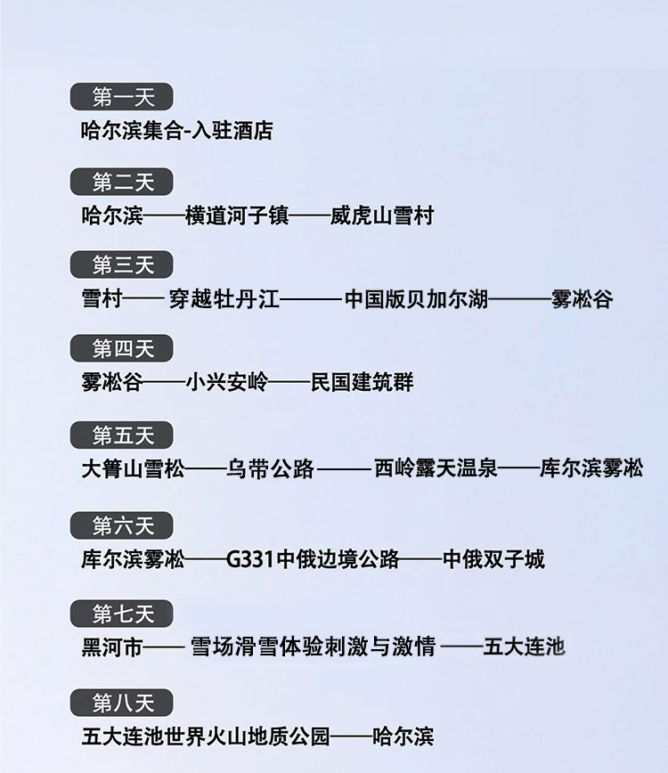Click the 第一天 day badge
click(x=122, y=97)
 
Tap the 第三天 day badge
click(x=122, y=265)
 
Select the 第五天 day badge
click(x=122, y=435)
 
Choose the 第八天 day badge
click(x=122, y=704)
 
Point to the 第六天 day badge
click(x=122, y=526)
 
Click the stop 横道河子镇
click(x=237, y=216)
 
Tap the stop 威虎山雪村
click(x=381, y=216)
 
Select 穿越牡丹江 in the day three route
click(x=224, y=299)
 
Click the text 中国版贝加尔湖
click(x=416, y=299)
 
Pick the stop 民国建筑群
click(x=362, y=383)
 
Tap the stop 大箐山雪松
click(x=133, y=468)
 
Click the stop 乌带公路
click(x=271, y=468)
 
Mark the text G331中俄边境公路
click(x=313, y=559)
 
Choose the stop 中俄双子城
click(x=493, y=559)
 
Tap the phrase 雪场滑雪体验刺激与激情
click(x=314, y=647)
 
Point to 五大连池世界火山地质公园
click(x=206, y=737)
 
